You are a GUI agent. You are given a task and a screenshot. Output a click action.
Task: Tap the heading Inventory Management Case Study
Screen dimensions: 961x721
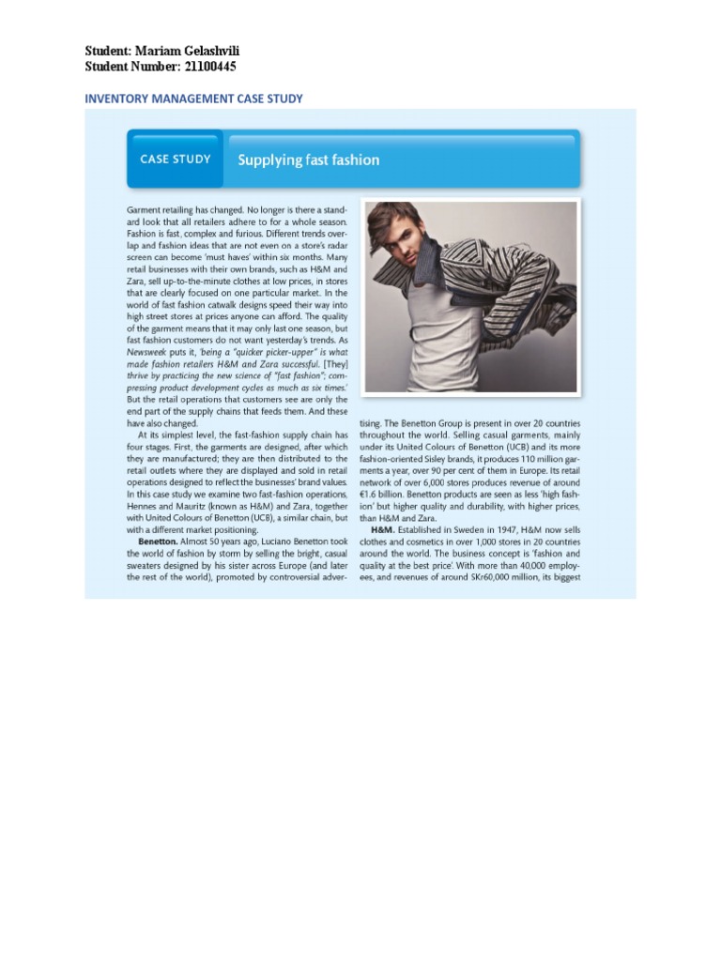click(x=193, y=99)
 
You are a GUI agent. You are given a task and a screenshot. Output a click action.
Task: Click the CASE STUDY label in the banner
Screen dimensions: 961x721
click(x=176, y=160)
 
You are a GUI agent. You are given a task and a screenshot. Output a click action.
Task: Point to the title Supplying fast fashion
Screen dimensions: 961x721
click(x=309, y=160)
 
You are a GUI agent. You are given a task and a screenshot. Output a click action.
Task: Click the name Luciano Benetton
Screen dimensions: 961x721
click(x=288, y=542)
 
